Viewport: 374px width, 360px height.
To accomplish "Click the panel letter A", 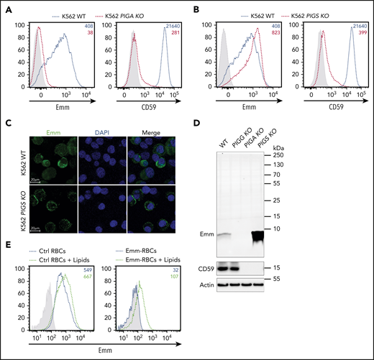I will pos(6,6).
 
